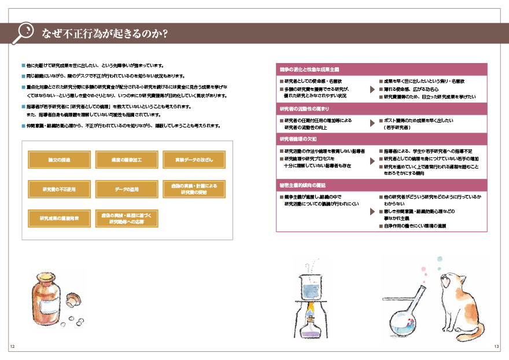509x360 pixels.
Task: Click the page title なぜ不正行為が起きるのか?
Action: [x=104, y=34]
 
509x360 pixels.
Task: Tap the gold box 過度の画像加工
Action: [x=127, y=160]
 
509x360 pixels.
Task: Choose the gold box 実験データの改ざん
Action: [x=194, y=160]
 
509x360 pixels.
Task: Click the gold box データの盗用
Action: [x=127, y=189]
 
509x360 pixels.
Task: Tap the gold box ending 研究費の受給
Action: [x=194, y=189]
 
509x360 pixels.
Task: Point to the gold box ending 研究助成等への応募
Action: [x=127, y=219]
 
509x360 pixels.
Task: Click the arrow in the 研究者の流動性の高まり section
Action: [x=372, y=123]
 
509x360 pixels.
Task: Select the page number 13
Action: [x=496, y=347]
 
